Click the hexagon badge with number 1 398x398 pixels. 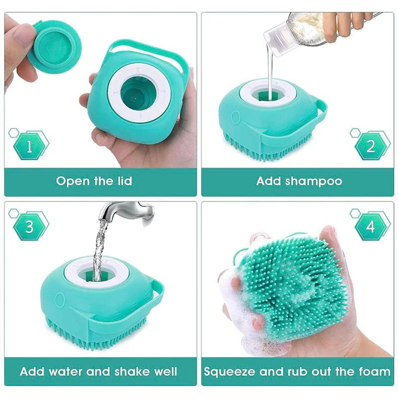(30, 146)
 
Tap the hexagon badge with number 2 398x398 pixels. (371, 146)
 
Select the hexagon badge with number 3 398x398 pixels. (30, 227)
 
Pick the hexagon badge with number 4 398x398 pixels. (371, 227)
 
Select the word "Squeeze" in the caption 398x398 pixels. (228, 371)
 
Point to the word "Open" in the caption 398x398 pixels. (73, 181)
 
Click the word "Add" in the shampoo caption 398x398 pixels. (269, 181)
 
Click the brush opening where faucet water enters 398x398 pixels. (97, 272)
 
